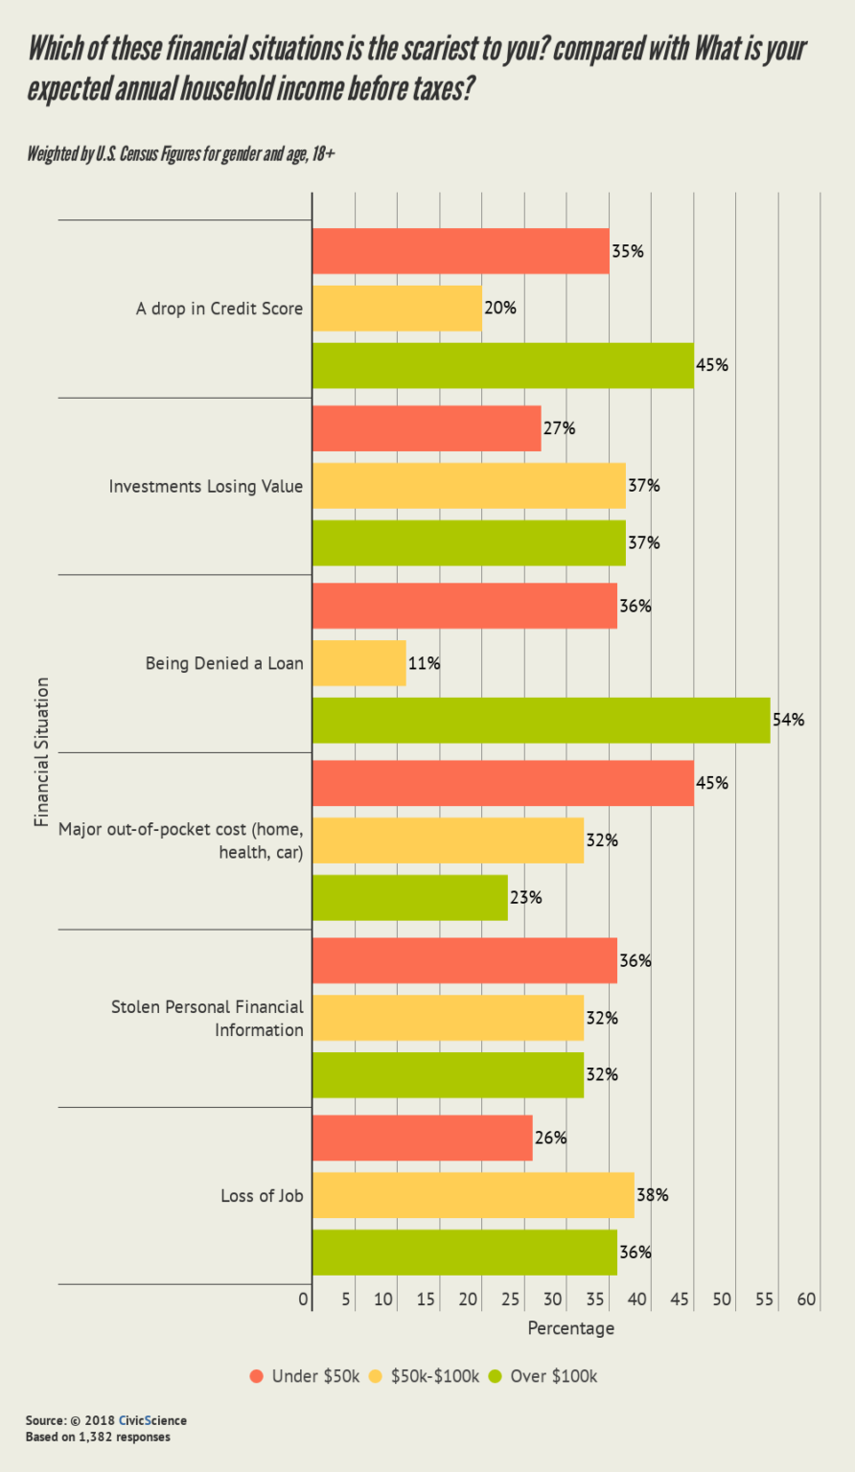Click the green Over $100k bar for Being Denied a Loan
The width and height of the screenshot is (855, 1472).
(541, 720)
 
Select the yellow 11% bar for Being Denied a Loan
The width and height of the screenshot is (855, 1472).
(359, 663)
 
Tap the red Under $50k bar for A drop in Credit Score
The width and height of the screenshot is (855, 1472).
(460, 251)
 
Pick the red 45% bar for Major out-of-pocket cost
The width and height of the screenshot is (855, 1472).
(502, 783)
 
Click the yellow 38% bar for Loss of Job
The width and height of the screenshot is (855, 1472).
(473, 1195)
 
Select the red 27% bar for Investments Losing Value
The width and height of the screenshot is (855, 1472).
(427, 428)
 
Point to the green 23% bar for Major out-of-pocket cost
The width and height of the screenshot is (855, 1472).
(409, 898)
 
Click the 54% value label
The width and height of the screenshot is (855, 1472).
(789, 720)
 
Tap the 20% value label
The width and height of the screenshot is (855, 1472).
(500, 308)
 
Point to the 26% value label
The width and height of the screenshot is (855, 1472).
(551, 1138)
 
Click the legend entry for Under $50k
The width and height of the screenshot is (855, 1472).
(305, 1376)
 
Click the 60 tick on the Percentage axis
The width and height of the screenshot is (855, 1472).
(806, 1299)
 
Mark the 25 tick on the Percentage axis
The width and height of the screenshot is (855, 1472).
(510, 1299)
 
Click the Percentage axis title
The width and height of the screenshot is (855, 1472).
(570, 1328)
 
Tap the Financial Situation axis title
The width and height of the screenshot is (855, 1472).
(41, 752)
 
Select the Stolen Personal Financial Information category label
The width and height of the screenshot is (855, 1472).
(207, 1018)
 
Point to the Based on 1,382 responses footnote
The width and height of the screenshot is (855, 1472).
(98, 1437)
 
